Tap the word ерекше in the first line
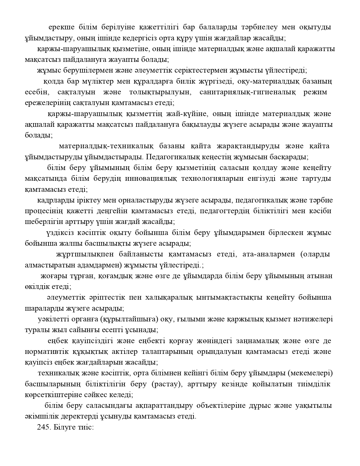(62, 27)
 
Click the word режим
(315, 92)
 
